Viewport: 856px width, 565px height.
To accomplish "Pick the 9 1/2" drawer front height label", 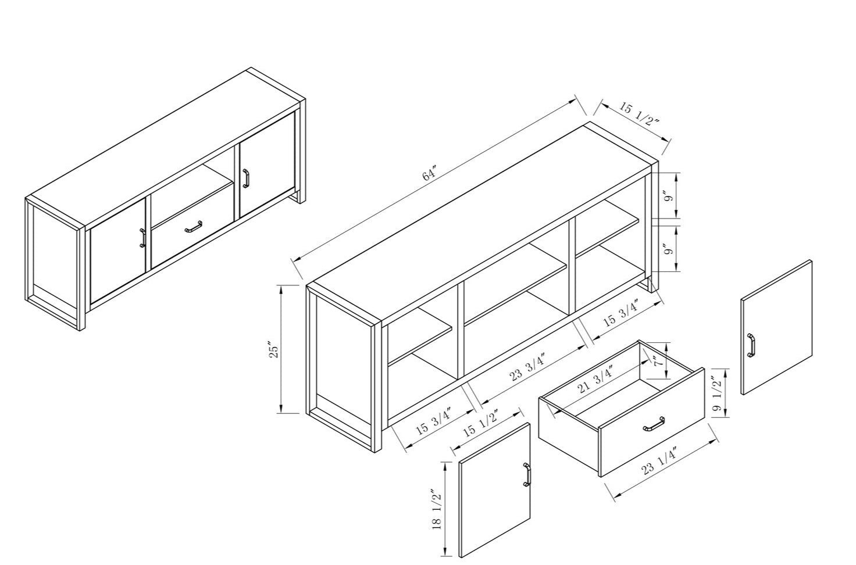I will pos(718,392).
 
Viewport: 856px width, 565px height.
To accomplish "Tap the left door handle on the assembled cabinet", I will pos(142,238).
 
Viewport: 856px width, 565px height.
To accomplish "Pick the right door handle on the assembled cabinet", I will pos(246,178).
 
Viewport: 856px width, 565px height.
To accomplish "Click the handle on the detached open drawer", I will pos(654,424).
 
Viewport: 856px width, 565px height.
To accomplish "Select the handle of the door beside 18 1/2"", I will pos(527,474).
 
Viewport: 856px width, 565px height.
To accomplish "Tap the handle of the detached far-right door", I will pos(751,346).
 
